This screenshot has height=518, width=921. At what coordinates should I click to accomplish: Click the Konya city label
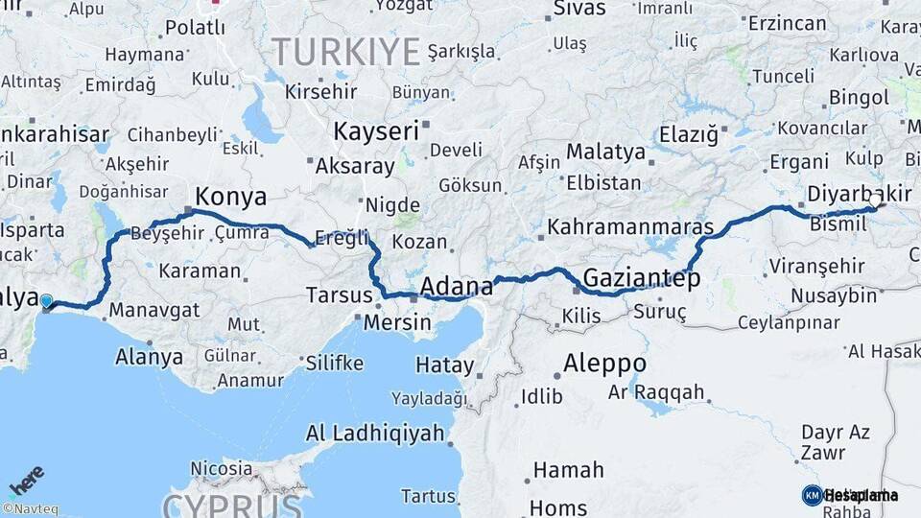click(230, 198)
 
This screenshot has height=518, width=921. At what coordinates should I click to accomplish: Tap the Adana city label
click(456, 286)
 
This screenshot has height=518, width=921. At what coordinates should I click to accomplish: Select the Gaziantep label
click(641, 278)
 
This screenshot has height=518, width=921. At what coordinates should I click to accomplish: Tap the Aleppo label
click(604, 364)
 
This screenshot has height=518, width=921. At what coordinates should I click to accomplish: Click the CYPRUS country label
click(233, 504)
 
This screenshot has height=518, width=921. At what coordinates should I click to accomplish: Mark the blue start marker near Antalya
click(46, 304)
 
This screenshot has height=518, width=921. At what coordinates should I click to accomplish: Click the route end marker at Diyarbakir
click(878, 204)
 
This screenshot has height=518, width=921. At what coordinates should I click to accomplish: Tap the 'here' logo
click(26, 480)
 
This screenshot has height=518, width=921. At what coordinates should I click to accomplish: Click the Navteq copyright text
click(28, 509)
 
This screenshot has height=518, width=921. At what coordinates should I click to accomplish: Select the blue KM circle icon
click(812, 495)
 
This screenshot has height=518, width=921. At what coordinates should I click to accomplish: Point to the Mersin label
click(397, 322)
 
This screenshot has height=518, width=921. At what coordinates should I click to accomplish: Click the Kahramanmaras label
click(630, 227)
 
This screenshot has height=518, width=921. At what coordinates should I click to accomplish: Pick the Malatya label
click(605, 152)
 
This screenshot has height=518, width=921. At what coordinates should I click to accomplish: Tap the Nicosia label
click(221, 469)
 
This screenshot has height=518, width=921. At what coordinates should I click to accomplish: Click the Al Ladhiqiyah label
click(375, 434)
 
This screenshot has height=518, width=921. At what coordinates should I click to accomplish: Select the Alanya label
click(149, 357)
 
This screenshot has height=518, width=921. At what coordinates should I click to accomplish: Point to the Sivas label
click(579, 9)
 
